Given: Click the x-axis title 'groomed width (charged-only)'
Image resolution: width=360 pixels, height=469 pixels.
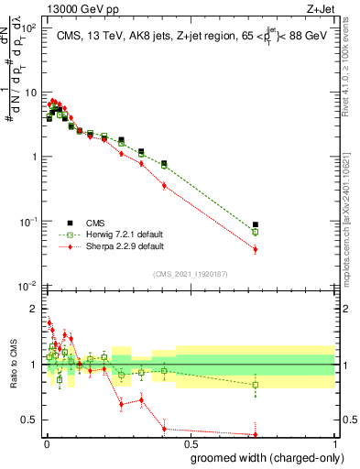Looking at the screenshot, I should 263,455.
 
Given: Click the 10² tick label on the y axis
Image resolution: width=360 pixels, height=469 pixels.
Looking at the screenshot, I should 29,28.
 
